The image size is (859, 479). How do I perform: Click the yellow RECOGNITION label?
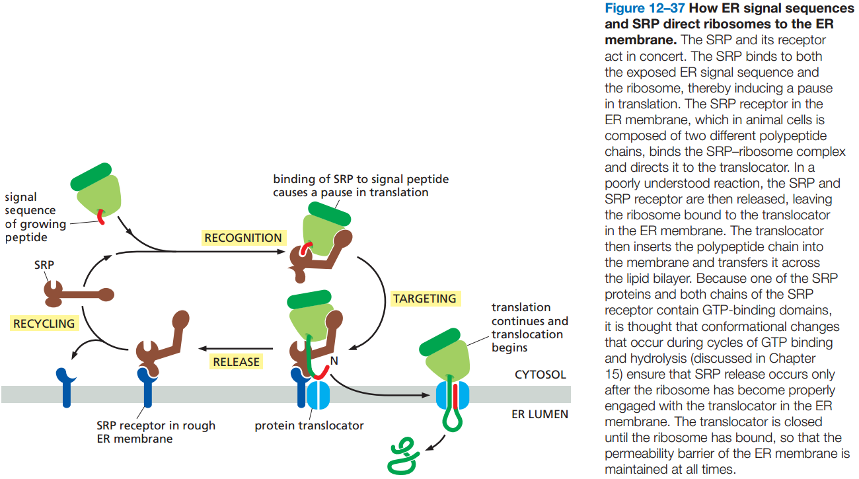244,238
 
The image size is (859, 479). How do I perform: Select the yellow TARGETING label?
425,299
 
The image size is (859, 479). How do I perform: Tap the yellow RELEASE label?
237,361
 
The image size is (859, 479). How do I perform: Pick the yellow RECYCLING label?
44,323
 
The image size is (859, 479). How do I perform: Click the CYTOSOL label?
540,375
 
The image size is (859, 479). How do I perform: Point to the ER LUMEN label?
540,414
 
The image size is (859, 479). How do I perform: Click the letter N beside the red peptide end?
334,361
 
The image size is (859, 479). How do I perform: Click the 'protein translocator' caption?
309,425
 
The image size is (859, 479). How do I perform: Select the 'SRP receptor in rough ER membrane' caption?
156,432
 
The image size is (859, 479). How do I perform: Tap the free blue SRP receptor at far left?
66,386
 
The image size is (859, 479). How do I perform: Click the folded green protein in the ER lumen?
403,457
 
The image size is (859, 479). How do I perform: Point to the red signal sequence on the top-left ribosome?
101,217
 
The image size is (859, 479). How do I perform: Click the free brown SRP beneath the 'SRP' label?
79,295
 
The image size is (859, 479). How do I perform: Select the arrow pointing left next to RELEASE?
235,349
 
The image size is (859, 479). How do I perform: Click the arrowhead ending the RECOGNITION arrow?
281,252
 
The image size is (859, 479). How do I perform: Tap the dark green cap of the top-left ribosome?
91,176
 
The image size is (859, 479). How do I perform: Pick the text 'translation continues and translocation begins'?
529,328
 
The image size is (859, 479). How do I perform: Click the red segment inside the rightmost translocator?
455,396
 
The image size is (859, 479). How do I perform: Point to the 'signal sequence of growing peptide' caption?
35,217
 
